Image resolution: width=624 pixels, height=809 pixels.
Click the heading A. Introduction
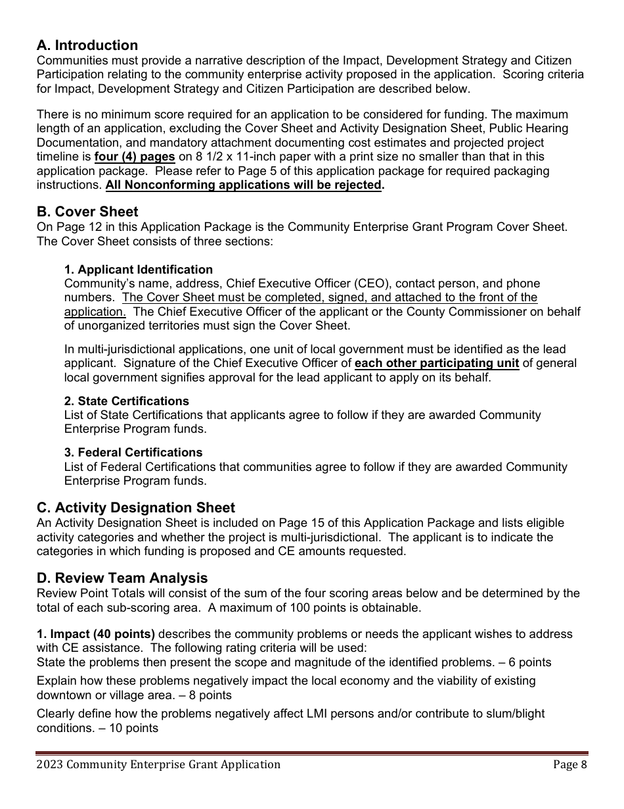click(87, 45)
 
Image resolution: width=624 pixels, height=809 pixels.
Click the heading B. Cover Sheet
click(87, 212)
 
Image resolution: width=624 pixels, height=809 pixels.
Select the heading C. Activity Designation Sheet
click(135, 508)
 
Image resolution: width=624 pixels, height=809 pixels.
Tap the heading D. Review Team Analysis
click(122, 578)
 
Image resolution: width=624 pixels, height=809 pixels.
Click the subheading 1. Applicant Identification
click(138, 270)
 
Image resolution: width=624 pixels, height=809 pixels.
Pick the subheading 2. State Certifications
click(126, 401)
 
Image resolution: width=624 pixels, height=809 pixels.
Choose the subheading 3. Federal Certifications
click(133, 453)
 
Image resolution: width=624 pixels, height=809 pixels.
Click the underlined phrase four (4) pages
click(135, 157)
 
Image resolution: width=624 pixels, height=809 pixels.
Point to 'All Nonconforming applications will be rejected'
click(243, 185)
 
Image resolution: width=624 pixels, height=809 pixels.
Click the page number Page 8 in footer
click(569, 764)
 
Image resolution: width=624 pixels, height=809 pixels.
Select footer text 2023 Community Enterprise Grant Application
click(158, 764)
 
